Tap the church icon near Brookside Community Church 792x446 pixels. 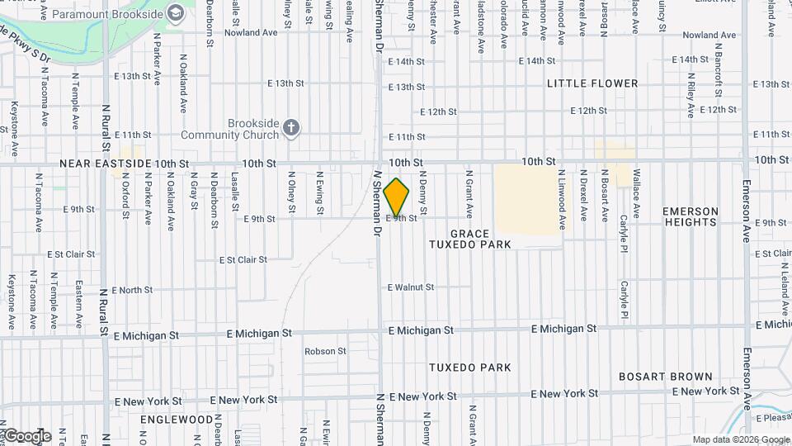click(x=290, y=127)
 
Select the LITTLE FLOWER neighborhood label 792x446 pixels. click(x=592, y=83)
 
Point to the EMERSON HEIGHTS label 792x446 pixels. click(x=690, y=216)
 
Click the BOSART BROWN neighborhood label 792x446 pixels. click(x=666, y=377)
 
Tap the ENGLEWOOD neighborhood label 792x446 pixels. click(x=176, y=420)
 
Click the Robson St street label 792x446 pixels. click(x=325, y=351)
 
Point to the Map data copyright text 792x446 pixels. click(x=740, y=439)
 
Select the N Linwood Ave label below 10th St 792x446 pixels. click(x=563, y=200)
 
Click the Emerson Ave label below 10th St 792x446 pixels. click(x=746, y=211)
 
